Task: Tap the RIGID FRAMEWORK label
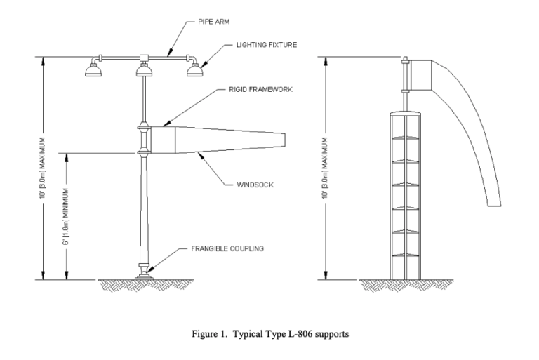[241, 90]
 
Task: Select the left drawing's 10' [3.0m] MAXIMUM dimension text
[44, 168]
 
